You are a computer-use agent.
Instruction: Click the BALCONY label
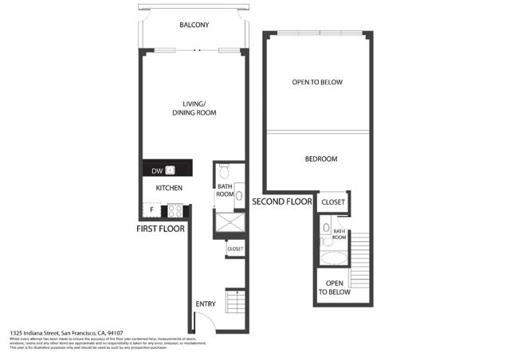click(194, 25)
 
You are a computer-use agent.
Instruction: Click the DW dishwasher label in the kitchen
click(157, 170)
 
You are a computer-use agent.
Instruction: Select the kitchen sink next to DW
click(170, 170)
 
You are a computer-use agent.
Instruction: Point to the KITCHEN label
click(169, 188)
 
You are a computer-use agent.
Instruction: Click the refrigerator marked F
click(153, 210)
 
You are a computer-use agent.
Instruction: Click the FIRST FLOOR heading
click(161, 229)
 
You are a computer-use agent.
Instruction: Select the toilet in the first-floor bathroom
click(225, 171)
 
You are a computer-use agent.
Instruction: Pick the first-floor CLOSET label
click(236, 249)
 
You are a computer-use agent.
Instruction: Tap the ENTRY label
click(206, 304)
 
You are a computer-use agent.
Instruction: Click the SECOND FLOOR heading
click(282, 202)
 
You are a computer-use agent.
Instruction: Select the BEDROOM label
click(321, 159)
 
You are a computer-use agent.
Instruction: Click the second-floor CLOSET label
click(333, 202)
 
